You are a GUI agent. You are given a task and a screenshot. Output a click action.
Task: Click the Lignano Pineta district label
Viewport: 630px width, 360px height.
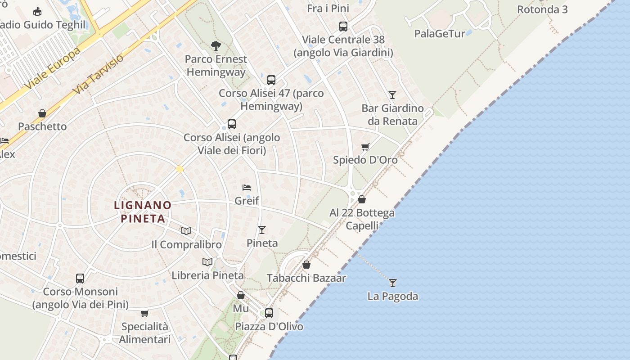click(143, 212)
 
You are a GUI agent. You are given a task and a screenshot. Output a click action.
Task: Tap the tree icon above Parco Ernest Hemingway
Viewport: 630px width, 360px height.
click(216, 45)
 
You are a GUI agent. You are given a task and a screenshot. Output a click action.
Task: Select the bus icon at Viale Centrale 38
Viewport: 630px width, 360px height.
click(343, 27)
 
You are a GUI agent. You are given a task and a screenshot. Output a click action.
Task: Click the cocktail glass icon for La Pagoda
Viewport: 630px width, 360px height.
click(393, 283)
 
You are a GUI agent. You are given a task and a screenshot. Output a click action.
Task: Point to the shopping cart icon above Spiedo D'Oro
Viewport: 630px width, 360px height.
click(365, 147)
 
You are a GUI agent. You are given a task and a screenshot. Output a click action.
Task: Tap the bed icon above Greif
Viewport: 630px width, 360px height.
click(246, 188)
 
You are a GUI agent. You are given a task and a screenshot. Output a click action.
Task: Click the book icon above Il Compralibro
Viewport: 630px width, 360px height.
click(186, 231)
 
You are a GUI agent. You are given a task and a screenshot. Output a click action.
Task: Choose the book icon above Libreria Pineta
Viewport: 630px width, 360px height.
click(207, 262)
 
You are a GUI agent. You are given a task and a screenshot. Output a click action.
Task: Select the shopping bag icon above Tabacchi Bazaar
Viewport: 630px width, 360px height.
click(306, 265)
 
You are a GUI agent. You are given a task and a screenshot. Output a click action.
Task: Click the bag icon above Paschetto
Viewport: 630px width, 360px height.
click(42, 113)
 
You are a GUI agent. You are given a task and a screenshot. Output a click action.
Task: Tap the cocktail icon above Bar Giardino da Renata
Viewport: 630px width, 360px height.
click(392, 94)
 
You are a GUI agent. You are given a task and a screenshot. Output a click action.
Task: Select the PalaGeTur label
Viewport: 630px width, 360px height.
click(440, 33)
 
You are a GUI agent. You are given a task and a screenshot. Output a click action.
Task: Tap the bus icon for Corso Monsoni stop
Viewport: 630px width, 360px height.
click(80, 278)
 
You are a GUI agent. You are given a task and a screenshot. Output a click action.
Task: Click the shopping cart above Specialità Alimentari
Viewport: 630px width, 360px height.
click(144, 313)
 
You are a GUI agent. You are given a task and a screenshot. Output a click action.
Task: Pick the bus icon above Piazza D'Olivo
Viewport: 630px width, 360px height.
click(269, 313)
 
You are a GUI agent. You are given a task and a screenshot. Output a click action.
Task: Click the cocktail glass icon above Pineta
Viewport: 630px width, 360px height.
click(262, 230)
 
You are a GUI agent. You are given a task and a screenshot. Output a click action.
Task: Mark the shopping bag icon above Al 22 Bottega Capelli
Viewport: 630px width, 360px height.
click(362, 199)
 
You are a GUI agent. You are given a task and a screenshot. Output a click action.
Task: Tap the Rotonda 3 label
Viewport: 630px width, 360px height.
click(542, 9)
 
